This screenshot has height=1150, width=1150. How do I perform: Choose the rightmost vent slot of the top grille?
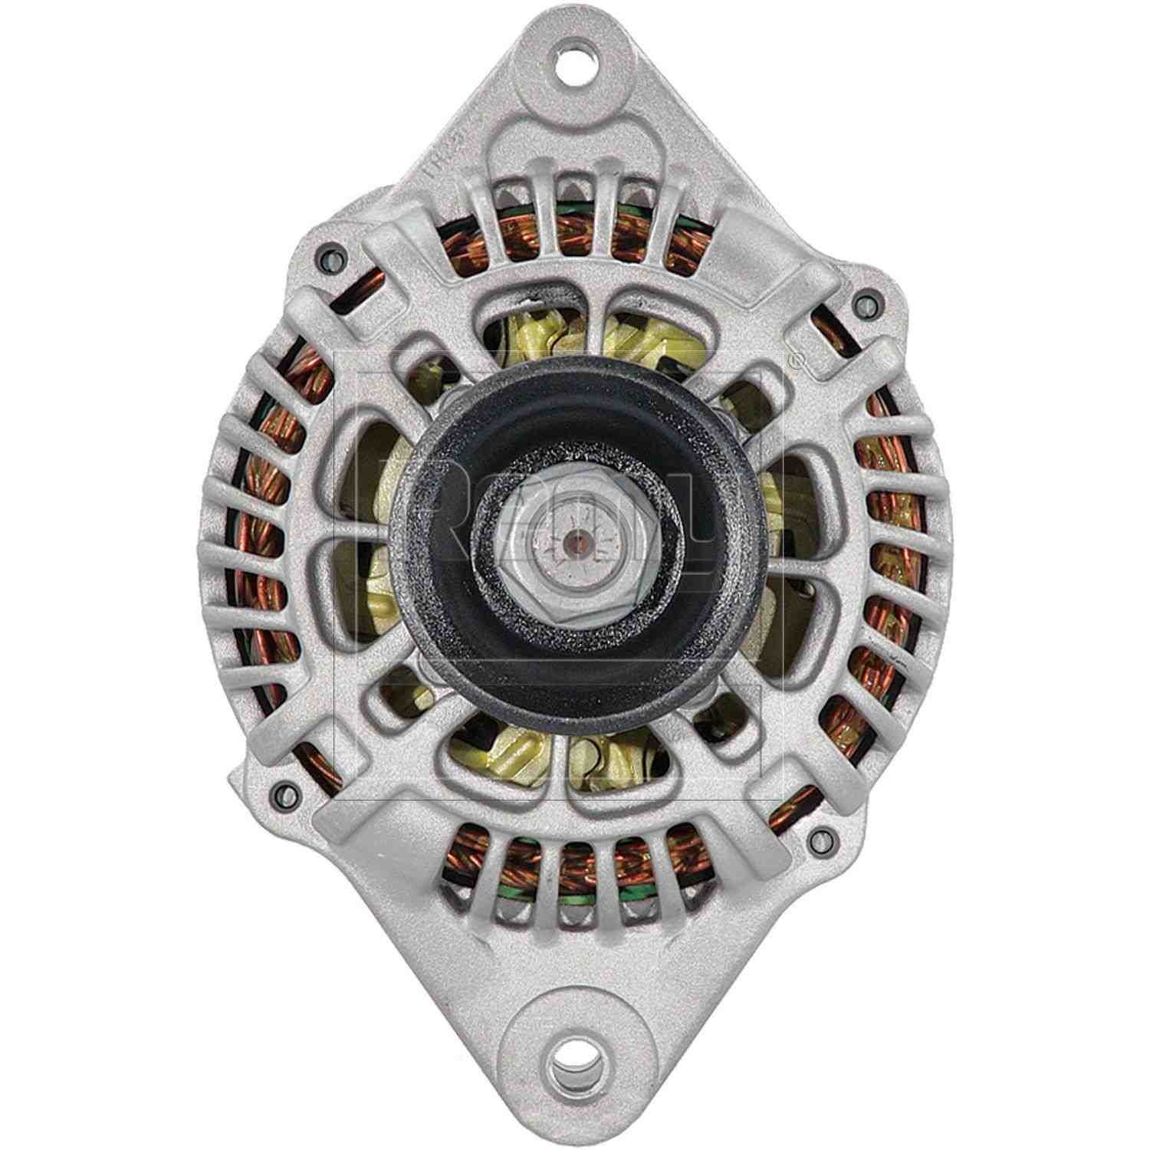click(682, 230)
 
